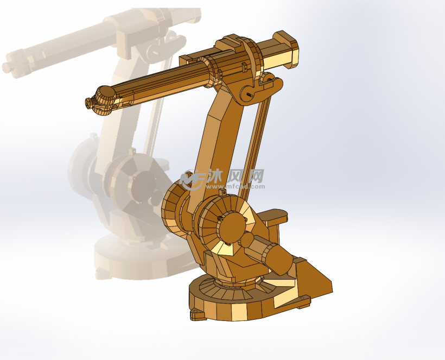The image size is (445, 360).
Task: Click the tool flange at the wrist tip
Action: coord(88,102)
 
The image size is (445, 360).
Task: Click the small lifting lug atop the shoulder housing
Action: coord(222,191)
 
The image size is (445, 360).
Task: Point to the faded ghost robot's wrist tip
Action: coord(8,67)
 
